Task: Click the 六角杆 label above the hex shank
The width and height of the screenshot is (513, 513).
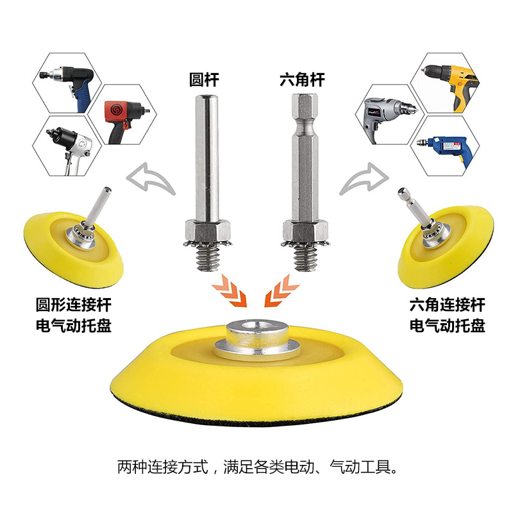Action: [x=302, y=80]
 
